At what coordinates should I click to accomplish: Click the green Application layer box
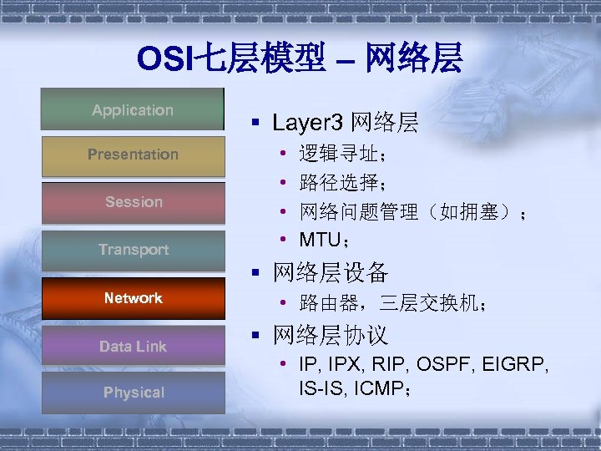tap(133, 110)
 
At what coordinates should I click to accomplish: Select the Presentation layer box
tap(133, 155)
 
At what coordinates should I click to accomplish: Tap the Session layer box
tap(133, 202)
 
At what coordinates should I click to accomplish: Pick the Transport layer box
tap(133, 250)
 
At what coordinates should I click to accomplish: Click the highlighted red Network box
tap(133, 298)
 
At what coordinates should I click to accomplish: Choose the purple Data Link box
tap(133, 346)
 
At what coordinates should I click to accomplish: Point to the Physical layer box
tap(133, 393)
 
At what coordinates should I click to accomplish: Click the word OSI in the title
tap(165, 58)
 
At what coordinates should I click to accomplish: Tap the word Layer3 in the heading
tap(307, 124)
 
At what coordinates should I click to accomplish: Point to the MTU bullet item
tap(319, 240)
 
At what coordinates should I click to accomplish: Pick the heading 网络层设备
tap(331, 272)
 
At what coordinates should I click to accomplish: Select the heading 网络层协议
tap(331, 336)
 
